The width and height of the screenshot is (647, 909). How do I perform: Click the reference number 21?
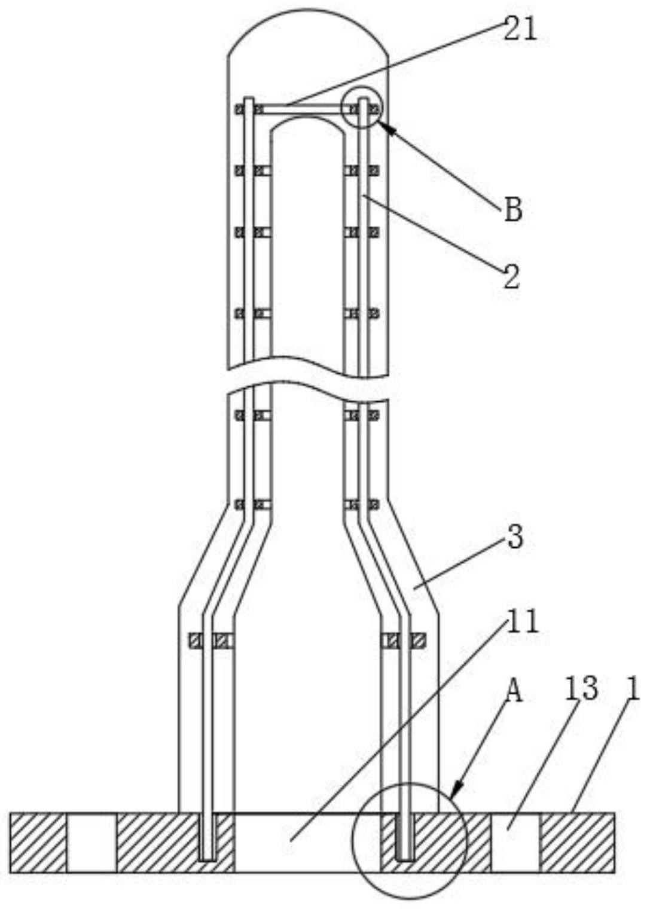[x=520, y=30]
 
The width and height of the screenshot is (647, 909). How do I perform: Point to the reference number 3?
[x=514, y=537]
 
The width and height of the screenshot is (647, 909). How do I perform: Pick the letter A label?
[x=514, y=691]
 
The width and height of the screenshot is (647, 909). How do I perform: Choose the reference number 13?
[x=581, y=689]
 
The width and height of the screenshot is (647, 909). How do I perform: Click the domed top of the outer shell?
[x=309, y=10]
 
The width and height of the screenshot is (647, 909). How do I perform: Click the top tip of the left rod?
[x=249, y=98]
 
